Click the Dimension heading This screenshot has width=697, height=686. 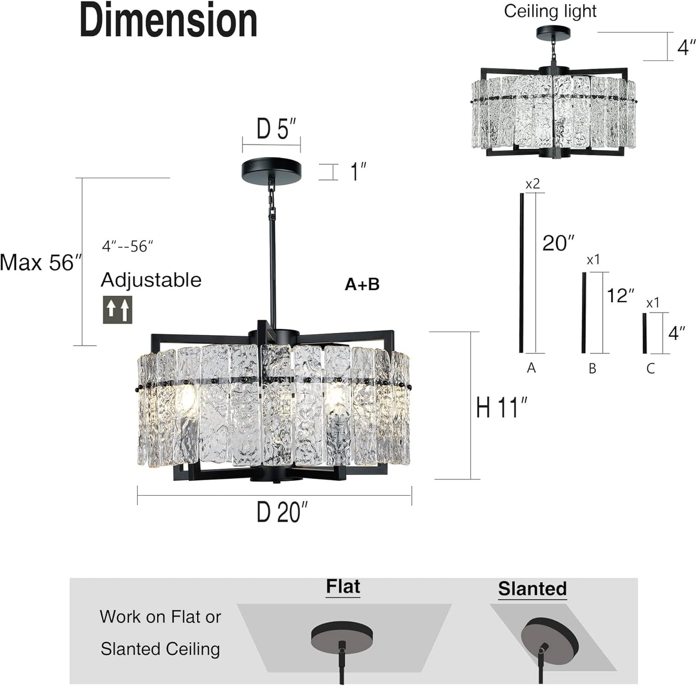[x=168, y=20]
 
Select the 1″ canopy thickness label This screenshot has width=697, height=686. [x=358, y=172]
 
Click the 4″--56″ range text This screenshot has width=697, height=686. [x=127, y=247]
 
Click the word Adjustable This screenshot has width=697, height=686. [x=151, y=280]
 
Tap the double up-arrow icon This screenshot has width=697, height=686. [x=118, y=310]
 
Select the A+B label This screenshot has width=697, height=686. [x=362, y=284]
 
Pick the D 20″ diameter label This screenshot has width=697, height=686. [x=282, y=512]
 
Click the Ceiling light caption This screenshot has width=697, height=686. [x=550, y=11]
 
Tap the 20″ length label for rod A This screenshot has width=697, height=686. [x=558, y=243]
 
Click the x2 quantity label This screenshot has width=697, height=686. [x=533, y=184]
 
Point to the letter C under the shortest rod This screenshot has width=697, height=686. [x=650, y=369]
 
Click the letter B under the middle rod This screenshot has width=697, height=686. [x=592, y=369]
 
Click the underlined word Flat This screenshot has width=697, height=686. [x=343, y=587]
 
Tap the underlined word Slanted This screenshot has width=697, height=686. [x=532, y=589]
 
